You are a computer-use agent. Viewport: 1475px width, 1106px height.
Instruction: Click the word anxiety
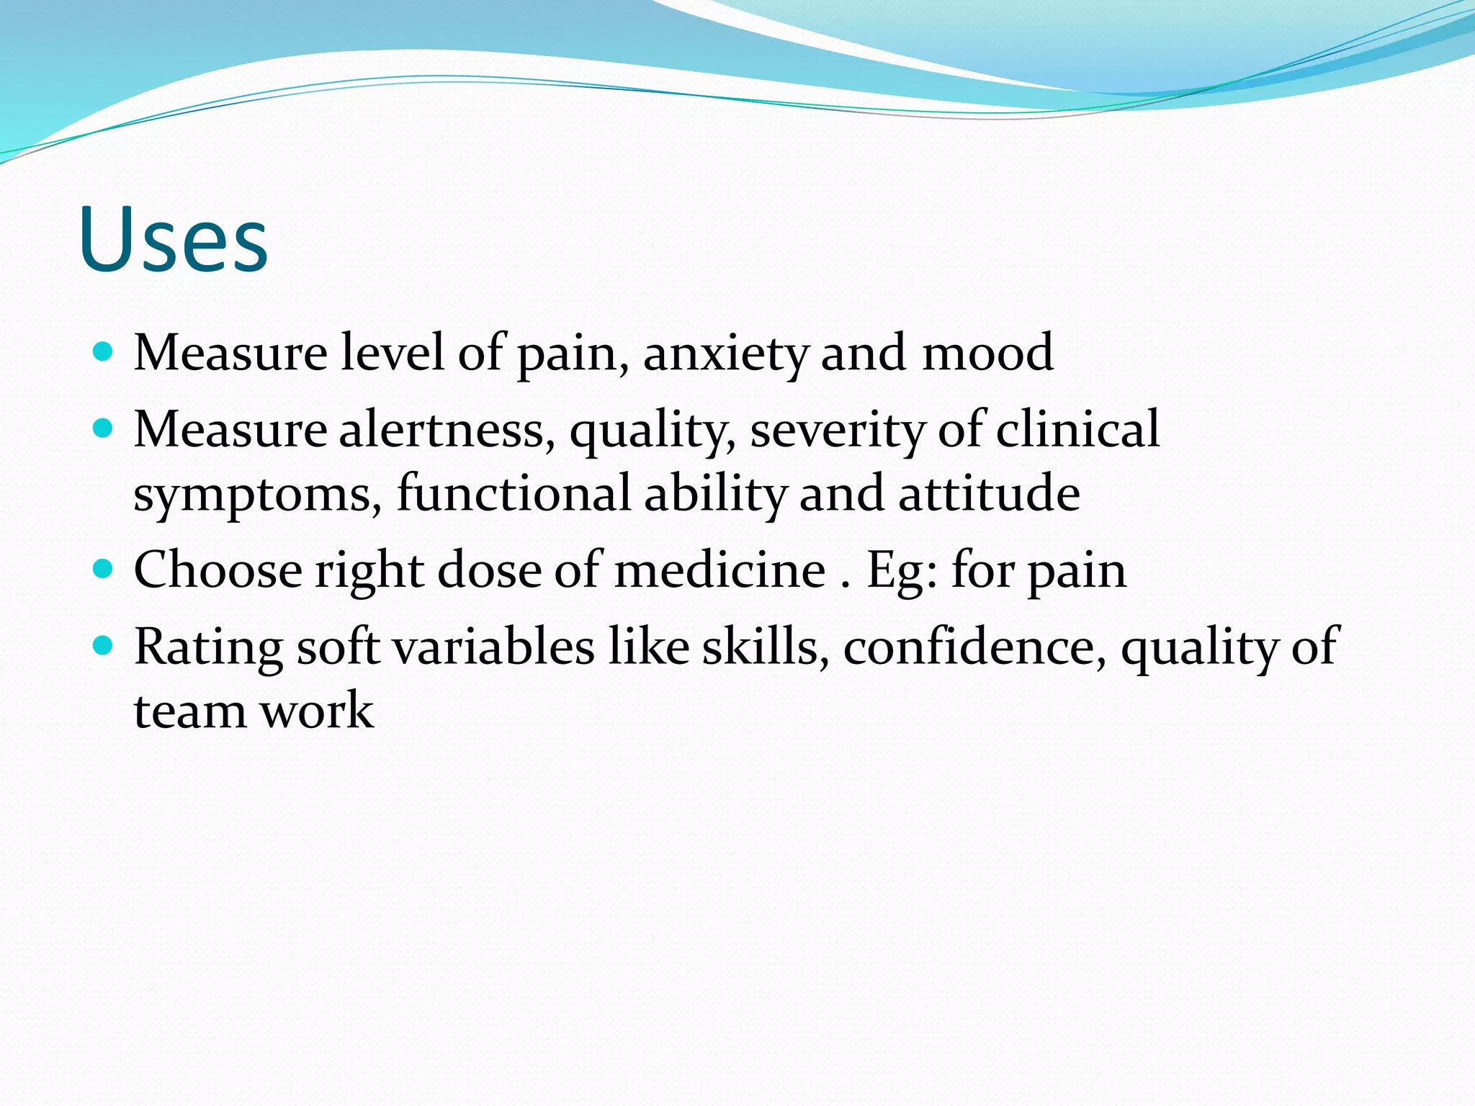coord(726,354)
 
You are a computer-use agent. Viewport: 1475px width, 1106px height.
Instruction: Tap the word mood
coord(987,353)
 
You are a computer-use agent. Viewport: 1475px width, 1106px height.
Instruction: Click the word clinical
coord(1077,430)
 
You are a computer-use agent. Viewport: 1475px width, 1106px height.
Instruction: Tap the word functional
coord(514,494)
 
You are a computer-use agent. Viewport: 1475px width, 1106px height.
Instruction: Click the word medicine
coord(719,570)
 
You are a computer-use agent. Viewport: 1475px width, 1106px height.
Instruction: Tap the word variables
coord(495,647)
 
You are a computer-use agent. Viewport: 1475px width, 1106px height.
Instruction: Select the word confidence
coord(974,647)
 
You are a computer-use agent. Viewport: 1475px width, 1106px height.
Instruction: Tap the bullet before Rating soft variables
coord(104,645)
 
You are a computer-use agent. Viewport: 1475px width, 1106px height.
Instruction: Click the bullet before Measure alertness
coord(104,429)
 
